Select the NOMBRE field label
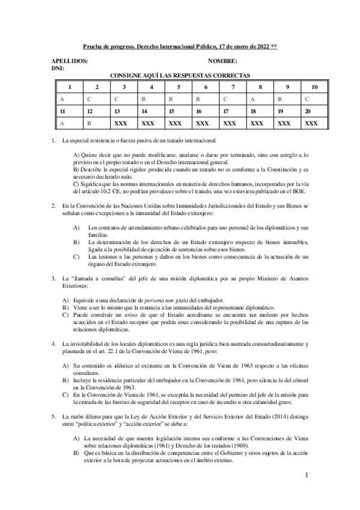coord(222,61)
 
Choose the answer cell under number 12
coord(89,123)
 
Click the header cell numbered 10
coord(314,87)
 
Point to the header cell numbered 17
coord(225,111)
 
